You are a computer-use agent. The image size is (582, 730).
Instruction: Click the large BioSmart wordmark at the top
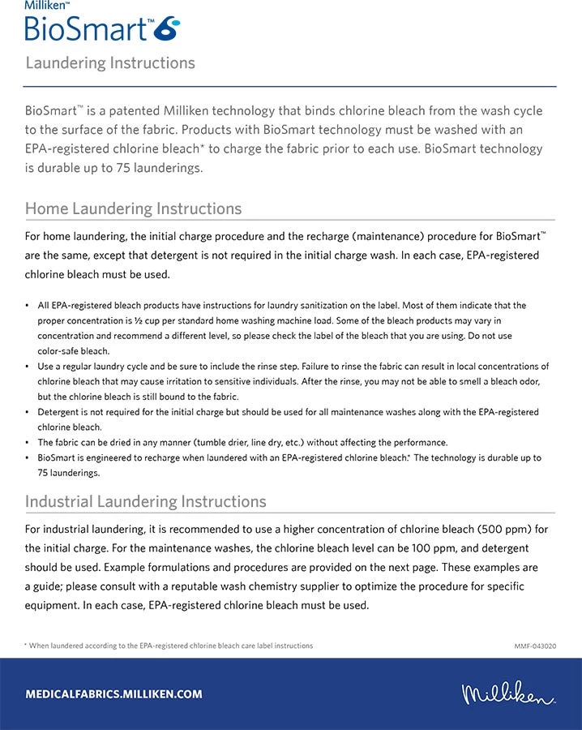click(x=86, y=28)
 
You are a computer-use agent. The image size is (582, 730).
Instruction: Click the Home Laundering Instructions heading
click(x=133, y=208)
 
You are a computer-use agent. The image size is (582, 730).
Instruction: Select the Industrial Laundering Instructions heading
click(x=145, y=501)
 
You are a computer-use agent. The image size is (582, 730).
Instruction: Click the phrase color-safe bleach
click(x=73, y=351)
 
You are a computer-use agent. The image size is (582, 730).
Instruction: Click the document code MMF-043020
click(x=535, y=646)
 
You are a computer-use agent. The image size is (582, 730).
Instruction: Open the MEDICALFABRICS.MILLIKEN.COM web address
click(x=113, y=694)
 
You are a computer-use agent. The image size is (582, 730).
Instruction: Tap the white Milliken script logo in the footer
click(x=509, y=694)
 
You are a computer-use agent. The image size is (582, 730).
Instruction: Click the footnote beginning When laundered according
click(x=170, y=646)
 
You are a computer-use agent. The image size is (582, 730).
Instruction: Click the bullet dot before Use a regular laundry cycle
click(x=28, y=367)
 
